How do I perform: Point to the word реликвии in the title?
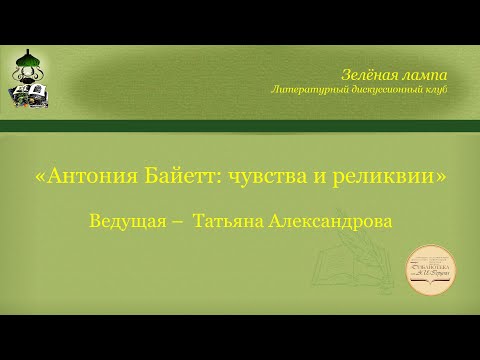389,176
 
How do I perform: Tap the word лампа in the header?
422,74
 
